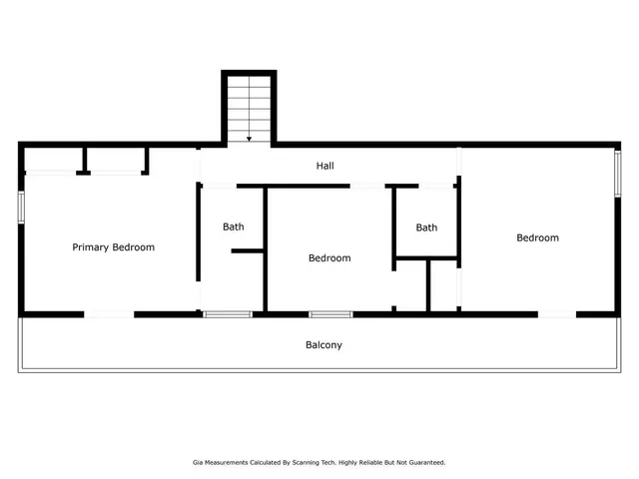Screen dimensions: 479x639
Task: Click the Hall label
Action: click(x=324, y=166)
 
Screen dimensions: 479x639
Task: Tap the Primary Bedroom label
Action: click(x=113, y=246)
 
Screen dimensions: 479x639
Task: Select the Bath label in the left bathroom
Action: click(x=233, y=227)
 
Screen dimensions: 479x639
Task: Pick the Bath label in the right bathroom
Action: click(x=426, y=228)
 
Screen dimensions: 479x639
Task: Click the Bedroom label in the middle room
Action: click(x=329, y=258)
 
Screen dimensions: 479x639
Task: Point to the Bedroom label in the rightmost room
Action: click(x=537, y=238)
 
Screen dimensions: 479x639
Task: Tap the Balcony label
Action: click(x=323, y=345)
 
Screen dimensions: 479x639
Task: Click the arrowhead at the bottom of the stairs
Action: click(x=249, y=139)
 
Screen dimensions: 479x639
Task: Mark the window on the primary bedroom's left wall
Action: click(x=21, y=207)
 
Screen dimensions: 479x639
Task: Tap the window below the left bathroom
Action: click(x=228, y=314)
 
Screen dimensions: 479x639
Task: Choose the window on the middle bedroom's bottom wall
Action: click(x=330, y=314)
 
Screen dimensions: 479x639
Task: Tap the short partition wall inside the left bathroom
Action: click(x=247, y=250)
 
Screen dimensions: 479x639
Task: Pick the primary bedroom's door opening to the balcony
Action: click(x=109, y=314)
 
